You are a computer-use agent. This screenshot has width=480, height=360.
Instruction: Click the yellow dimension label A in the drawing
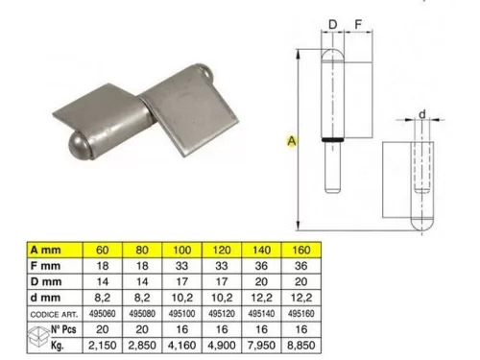click(x=291, y=140)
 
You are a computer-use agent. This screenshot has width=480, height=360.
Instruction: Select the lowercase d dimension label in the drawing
click(x=421, y=115)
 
